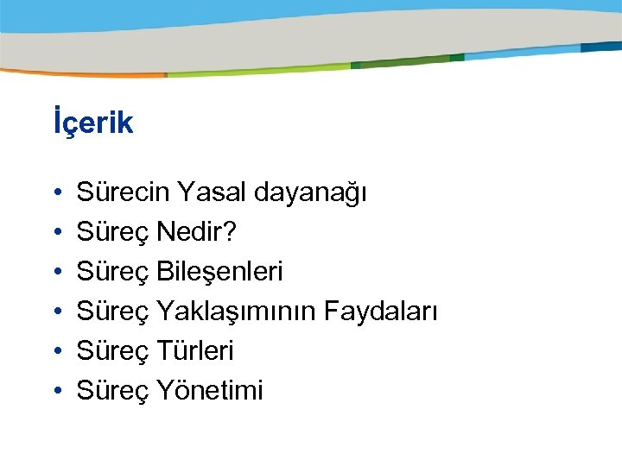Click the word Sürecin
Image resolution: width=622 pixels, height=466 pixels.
tap(123, 192)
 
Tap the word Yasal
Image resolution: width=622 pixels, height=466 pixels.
tap(212, 192)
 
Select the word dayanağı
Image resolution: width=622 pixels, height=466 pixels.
tap(311, 194)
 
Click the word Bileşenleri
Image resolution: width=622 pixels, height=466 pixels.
tap(219, 272)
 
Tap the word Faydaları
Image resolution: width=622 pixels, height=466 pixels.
tap(381, 312)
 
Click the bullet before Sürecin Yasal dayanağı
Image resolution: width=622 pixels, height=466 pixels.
tap(54, 193)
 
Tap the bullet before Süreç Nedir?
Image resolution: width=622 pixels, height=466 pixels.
tap(54, 233)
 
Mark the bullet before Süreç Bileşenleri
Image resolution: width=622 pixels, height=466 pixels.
tap(54, 273)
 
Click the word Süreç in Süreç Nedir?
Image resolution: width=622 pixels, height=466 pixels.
tap(113, 233)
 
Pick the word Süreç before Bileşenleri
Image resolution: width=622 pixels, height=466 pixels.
tap(113, 273)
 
